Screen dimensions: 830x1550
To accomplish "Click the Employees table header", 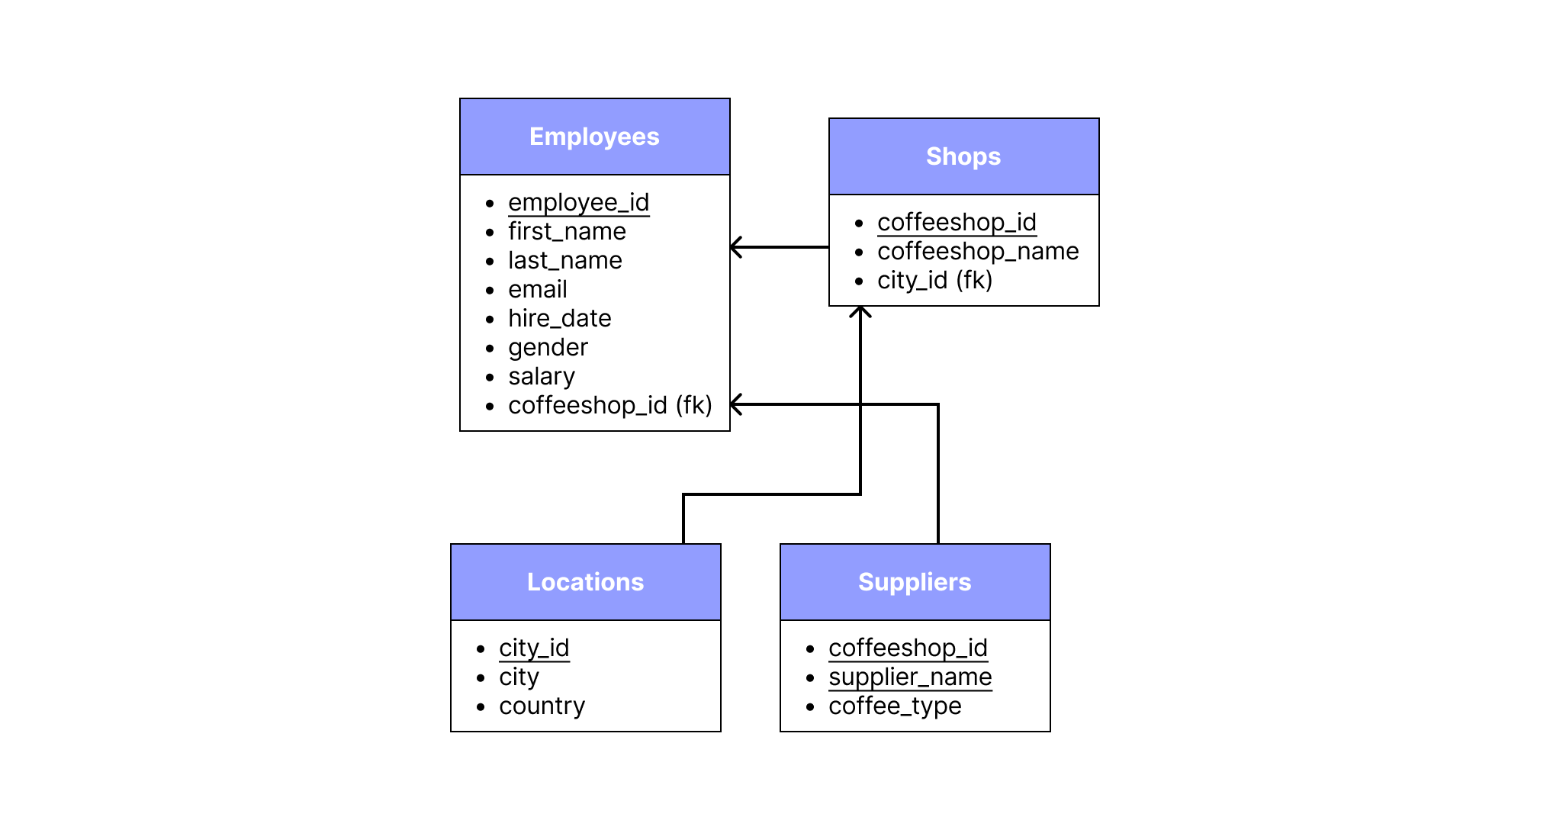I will (594, 137).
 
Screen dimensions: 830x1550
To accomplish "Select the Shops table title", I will (963, 156).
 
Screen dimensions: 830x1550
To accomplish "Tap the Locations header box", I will (585, 582).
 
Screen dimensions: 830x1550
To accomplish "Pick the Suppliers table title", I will (915, 582).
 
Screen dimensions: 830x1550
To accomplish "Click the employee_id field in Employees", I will (578, 203).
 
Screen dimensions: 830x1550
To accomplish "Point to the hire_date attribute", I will (559, 318).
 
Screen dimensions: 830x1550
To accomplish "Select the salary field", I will (541, 376).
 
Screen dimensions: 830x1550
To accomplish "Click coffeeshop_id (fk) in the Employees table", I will (609, 405).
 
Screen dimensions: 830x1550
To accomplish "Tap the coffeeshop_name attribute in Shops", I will (977, 251).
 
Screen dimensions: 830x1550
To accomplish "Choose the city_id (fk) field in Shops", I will (934, 280).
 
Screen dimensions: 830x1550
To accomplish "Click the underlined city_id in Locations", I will (534, 648).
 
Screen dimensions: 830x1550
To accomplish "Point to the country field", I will (542, 706).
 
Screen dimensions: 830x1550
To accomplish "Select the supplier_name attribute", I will (910, 677).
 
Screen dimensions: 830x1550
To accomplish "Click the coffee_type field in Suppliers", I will (894, 706).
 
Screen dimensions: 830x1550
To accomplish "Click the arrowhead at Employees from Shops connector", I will (736, 247).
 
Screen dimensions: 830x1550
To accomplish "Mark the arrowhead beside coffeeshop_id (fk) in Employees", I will (736, 404).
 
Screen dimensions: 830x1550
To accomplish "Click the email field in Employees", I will (537, 289).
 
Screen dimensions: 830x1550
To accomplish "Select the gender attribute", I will (548, 347).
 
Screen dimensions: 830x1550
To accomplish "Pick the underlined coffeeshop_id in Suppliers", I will (908, 648).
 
